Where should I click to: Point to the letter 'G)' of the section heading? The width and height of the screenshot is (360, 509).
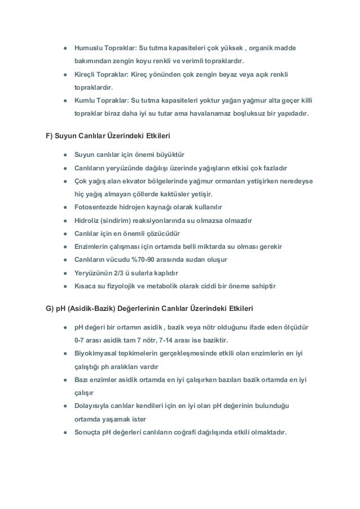[x=49, y=309]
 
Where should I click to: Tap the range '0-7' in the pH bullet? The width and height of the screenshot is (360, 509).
[x=81, y=340]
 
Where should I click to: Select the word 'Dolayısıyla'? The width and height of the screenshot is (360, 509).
[x=93, y=406]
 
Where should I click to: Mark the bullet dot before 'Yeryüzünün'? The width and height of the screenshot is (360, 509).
[x=65, y=274]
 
